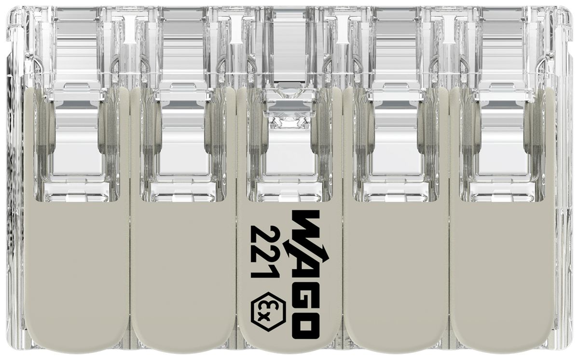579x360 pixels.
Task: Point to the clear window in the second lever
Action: click(183, 145)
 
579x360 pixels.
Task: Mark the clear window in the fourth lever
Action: click(396, 145)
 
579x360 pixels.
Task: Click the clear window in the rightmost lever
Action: click(502, 145)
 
